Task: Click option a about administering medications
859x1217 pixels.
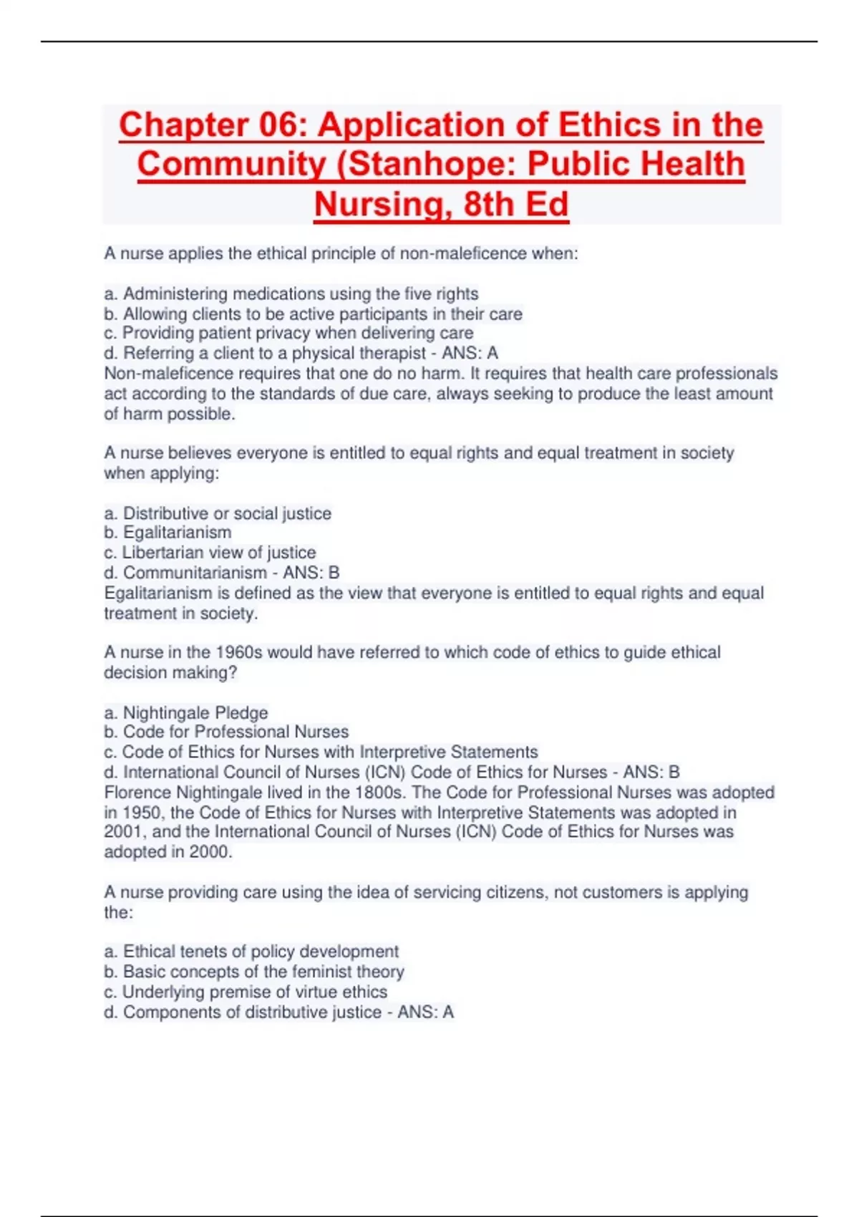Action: point(291,294)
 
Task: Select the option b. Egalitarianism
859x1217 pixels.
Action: point(168,533)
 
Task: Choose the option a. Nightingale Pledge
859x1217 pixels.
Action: point(186,712)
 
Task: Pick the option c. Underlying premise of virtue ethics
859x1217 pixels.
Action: point(246,991)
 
